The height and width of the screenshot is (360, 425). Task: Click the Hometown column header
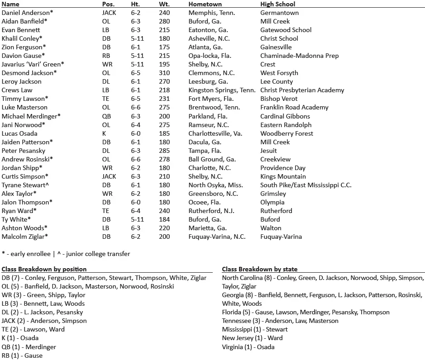[x=205, y=4]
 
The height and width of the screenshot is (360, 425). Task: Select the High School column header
[x=277, y=4]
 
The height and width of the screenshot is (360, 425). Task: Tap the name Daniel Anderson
[x=26, y=13]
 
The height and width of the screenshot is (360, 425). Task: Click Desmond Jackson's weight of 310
[x=164, y=73]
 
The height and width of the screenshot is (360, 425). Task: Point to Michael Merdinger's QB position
[x=107, y=116]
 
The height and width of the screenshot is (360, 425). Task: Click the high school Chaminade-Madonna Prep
[x=299, y=56]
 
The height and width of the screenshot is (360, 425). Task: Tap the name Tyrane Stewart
[x=25, y=185]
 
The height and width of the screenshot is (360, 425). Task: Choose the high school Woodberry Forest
[x=287, y=133]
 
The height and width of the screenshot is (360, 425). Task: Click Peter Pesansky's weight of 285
[x=164, y=151]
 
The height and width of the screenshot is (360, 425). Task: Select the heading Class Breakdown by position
[x=44, y=269]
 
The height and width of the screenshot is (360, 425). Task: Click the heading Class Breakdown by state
[x=259, y=269]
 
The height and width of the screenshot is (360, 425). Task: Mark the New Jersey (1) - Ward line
[x=252, y=338]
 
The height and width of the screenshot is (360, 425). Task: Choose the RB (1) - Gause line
[x=22, y=355]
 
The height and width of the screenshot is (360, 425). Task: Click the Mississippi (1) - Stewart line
[x=255, y=330]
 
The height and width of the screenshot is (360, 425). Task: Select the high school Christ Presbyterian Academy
[x=302, y=90]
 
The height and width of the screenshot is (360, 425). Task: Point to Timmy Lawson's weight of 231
[x=164, y=99]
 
